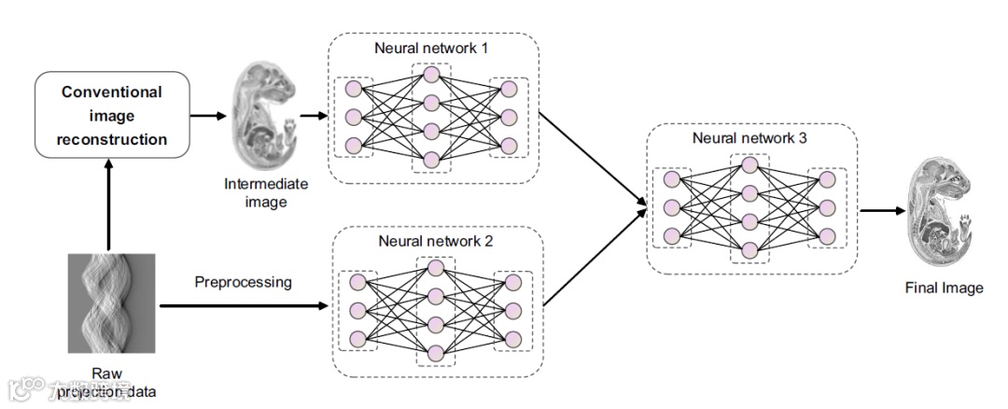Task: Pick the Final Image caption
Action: coord(944,288)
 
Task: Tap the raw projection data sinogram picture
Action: coord(111,305)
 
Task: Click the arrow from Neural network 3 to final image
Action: coord(881,211)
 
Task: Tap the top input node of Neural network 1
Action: coord(354,89)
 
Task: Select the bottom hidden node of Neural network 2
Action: coord(435,351)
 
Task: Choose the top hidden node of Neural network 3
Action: coord(749,165)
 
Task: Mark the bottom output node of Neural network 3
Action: coord(825,236)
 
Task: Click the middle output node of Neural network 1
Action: coord(509,118)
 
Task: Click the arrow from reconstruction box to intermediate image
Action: coord(207,117)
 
